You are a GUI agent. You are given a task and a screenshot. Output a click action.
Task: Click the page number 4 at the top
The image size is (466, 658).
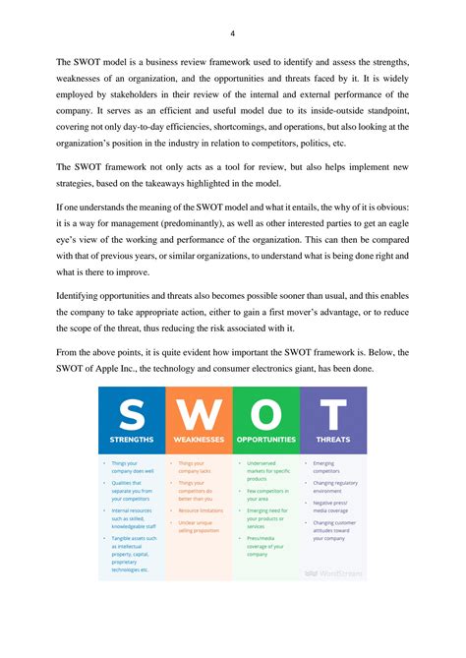pos(232,32)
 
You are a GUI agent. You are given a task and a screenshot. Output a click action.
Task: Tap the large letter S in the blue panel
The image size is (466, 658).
pos(131,414)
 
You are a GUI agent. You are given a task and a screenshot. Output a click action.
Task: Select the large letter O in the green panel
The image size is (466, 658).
pos(265,414)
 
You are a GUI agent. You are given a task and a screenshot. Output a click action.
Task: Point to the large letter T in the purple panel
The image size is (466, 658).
pos(332,414)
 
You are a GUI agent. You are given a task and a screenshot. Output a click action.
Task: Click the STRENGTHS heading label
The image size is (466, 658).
pos(131,440)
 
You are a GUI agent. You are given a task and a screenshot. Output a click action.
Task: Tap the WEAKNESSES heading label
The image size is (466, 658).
pos(199,440)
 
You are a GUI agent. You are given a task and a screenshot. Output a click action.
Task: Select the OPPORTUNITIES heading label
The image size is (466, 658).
pos(265,440)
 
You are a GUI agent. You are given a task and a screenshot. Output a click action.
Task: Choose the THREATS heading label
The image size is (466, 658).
pos(332,440)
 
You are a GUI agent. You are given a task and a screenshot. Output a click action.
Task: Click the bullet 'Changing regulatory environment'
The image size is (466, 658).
pos(335,487)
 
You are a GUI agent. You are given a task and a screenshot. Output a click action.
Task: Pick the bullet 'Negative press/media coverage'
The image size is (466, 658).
pos(332,508)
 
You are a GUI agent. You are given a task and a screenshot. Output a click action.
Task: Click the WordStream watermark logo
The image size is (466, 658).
pos(338,571)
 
